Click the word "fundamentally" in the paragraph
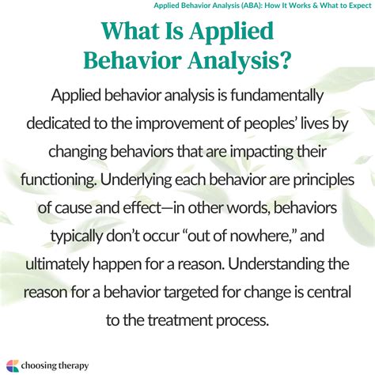point(273,95)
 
